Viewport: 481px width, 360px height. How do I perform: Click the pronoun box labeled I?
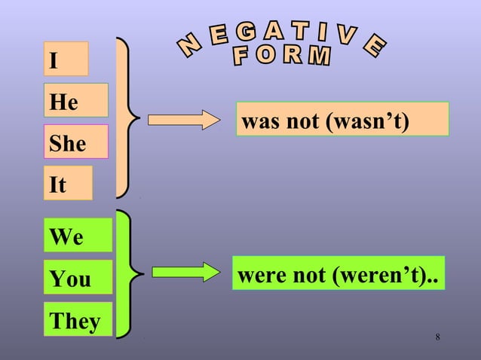[x=66, y=59]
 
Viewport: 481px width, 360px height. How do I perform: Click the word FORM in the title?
[x=280, y=56]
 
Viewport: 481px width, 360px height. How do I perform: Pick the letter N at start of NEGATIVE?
[x=189, y=47]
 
